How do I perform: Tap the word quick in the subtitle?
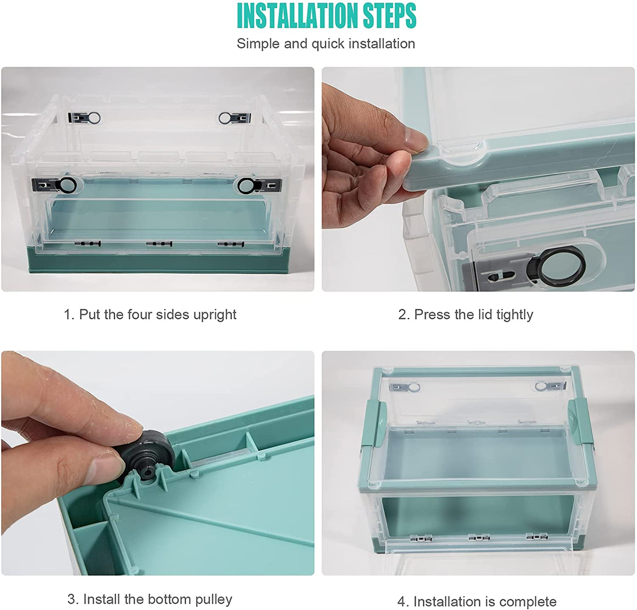pyautogui.click(x=328, y=44)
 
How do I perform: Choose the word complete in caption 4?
pyautogui.click(x=528, y=602)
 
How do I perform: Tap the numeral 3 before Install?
pyautogui.click(x=71, y=599)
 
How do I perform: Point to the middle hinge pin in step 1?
pyautogui.click(x=159, y=244)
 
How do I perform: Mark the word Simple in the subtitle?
pyautogui.click(x=257, y=44)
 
